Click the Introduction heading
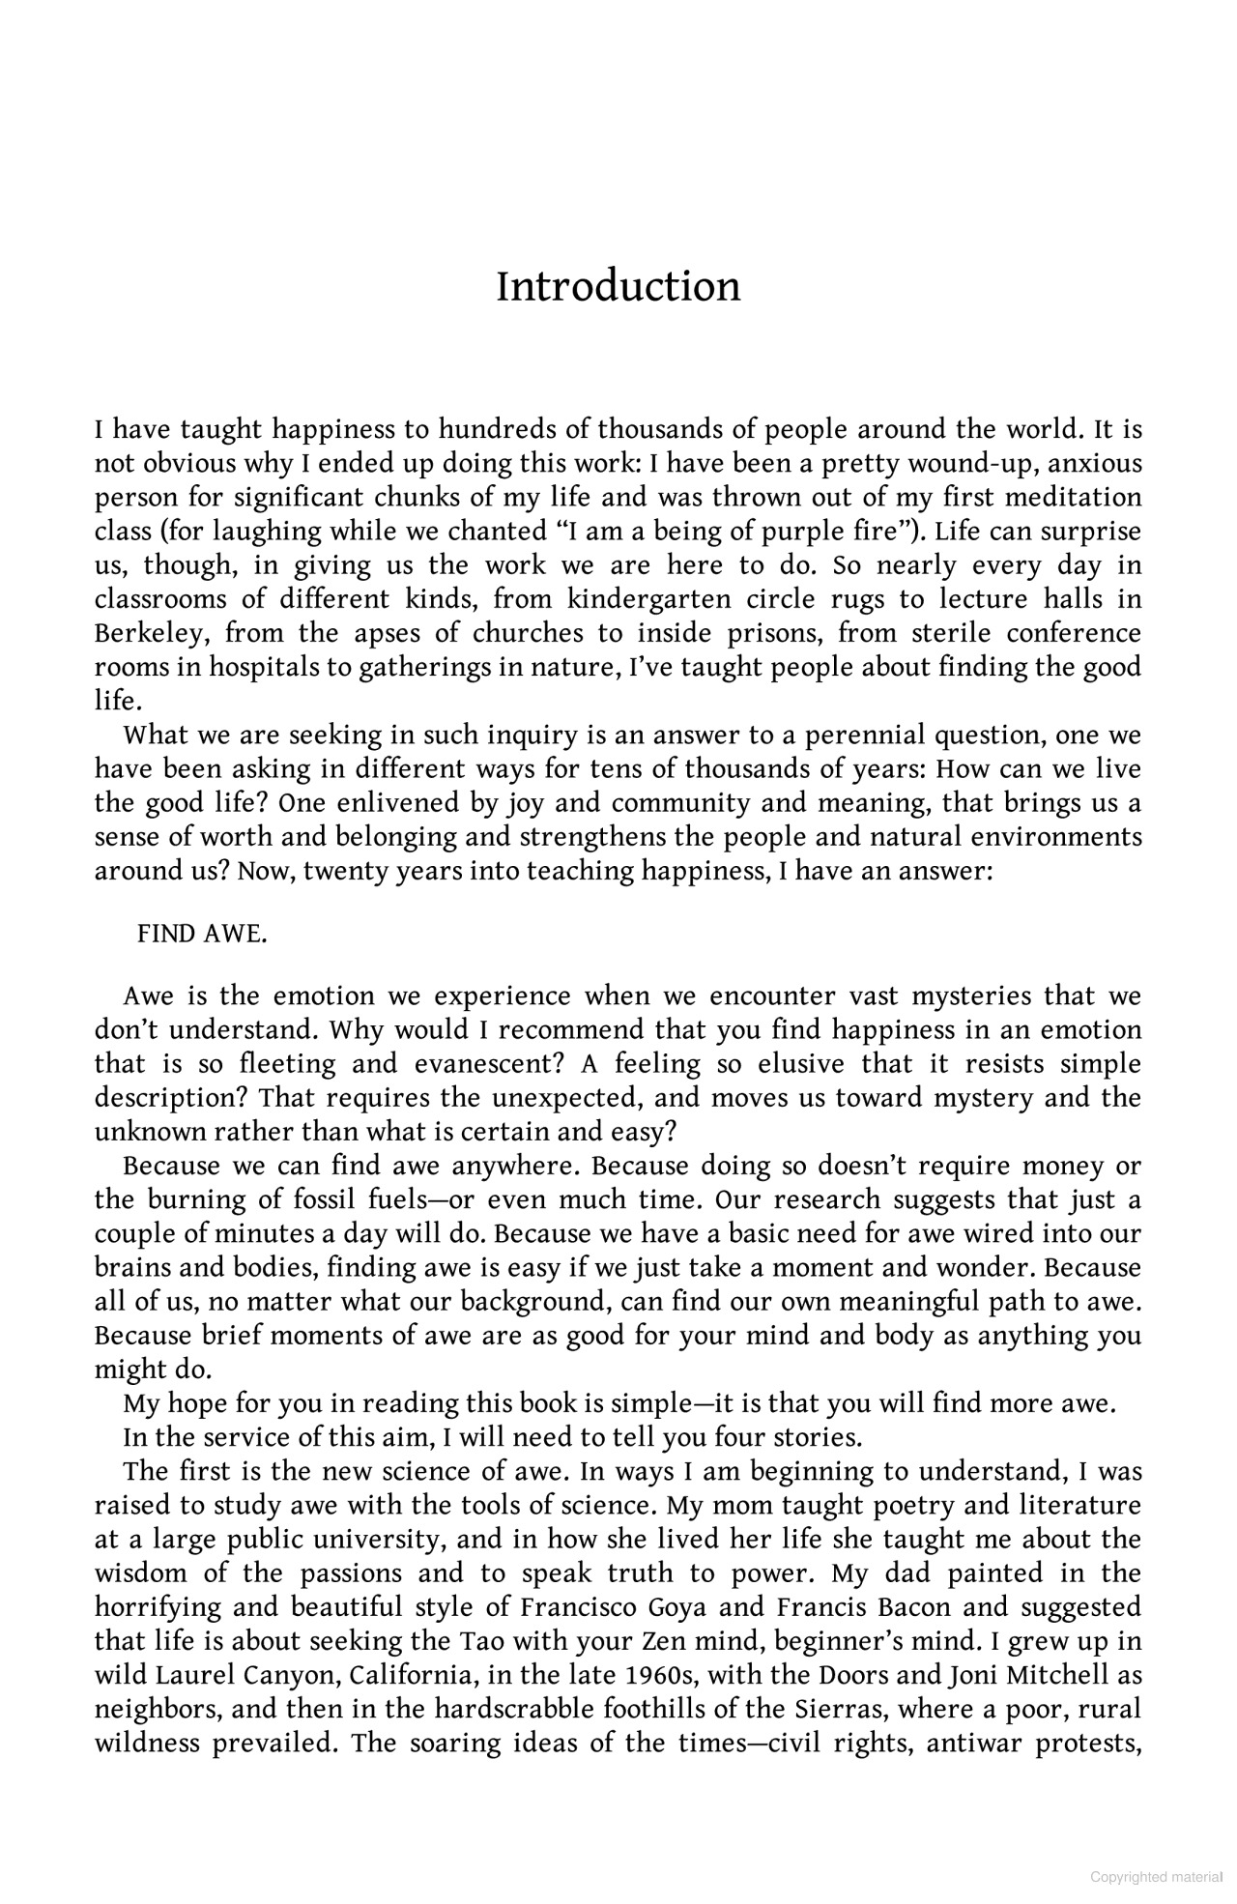[x=618, y=287]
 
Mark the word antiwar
[x=970, y=1743]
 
